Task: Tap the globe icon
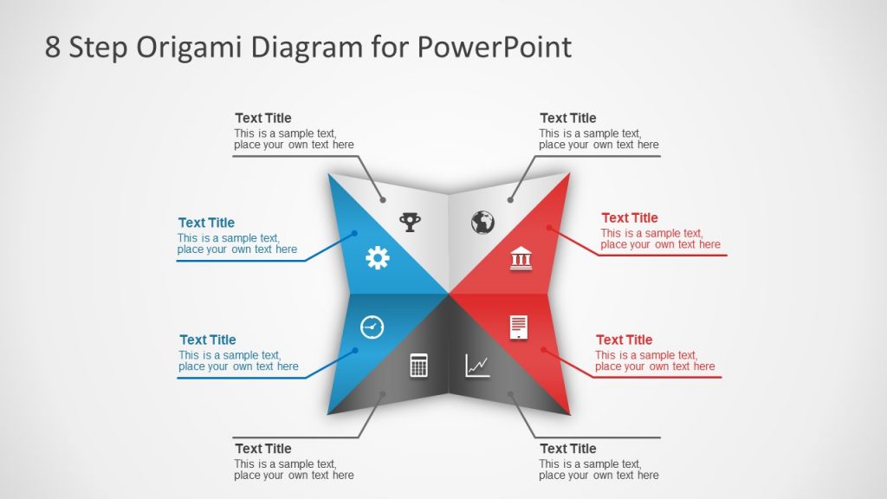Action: [x=482, y=223]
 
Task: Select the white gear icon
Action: [x=378, y=257]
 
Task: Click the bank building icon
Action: [x=521, y=258]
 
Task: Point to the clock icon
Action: [x=372, y=327]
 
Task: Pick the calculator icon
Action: [x=419, y=365]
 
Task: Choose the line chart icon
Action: [x=477, y=365]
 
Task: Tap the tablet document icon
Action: [x=519, y=327]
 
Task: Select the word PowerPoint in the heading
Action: [x=494, y=47]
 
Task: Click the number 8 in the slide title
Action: [x=53, y=47]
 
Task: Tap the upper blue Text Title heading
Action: [x=206, y=223]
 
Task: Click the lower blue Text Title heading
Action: [x=208, y=340]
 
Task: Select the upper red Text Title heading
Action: [x=630, y=217]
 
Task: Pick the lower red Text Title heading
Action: [x=625, y=340]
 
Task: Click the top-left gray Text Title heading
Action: [x=263, y=118]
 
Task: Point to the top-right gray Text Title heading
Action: [x=568, y=118]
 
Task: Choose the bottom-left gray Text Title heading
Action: [x=263, y=448]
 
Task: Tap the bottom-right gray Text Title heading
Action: [x=568, y=448]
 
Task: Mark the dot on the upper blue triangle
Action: [x=355, y=233]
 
